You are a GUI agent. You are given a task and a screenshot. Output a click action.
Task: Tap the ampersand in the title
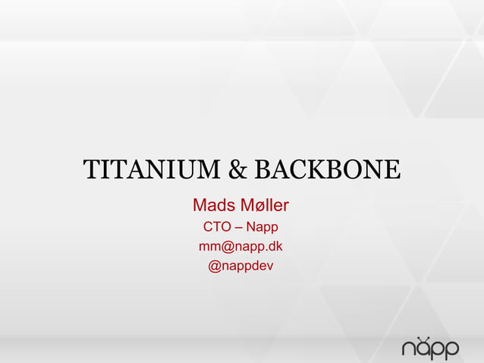click(x=238, y=171)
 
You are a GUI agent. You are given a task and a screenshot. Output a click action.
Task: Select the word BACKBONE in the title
click(x=326, y=171)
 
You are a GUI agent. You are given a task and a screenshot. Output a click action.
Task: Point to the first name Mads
click(x=215, y=205)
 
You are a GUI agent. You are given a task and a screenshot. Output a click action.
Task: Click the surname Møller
click(x=266, y=205)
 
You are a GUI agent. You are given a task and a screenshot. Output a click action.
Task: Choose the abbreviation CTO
click(x=218, y=227)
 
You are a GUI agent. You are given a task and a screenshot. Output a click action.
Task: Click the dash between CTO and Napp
click(x=240, y=227)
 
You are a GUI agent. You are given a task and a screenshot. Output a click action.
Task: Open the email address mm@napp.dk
click(x=241, y=247)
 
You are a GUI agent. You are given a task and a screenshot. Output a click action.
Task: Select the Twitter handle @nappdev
click(x=241, y=267)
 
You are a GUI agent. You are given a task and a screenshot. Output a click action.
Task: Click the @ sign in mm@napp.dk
click(x=231, y=247)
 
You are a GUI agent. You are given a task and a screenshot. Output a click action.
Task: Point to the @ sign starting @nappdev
click(x=215, y=267)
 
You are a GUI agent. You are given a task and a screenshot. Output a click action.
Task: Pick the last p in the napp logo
click(x=451, y=351)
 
